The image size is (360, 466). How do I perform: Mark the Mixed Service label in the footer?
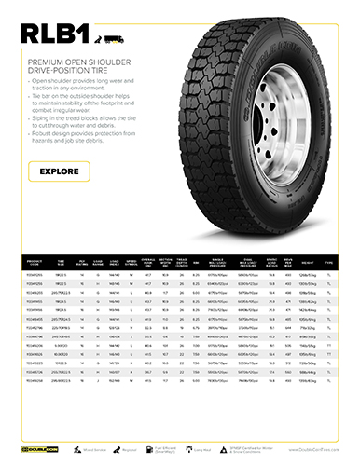coord(93,448)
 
